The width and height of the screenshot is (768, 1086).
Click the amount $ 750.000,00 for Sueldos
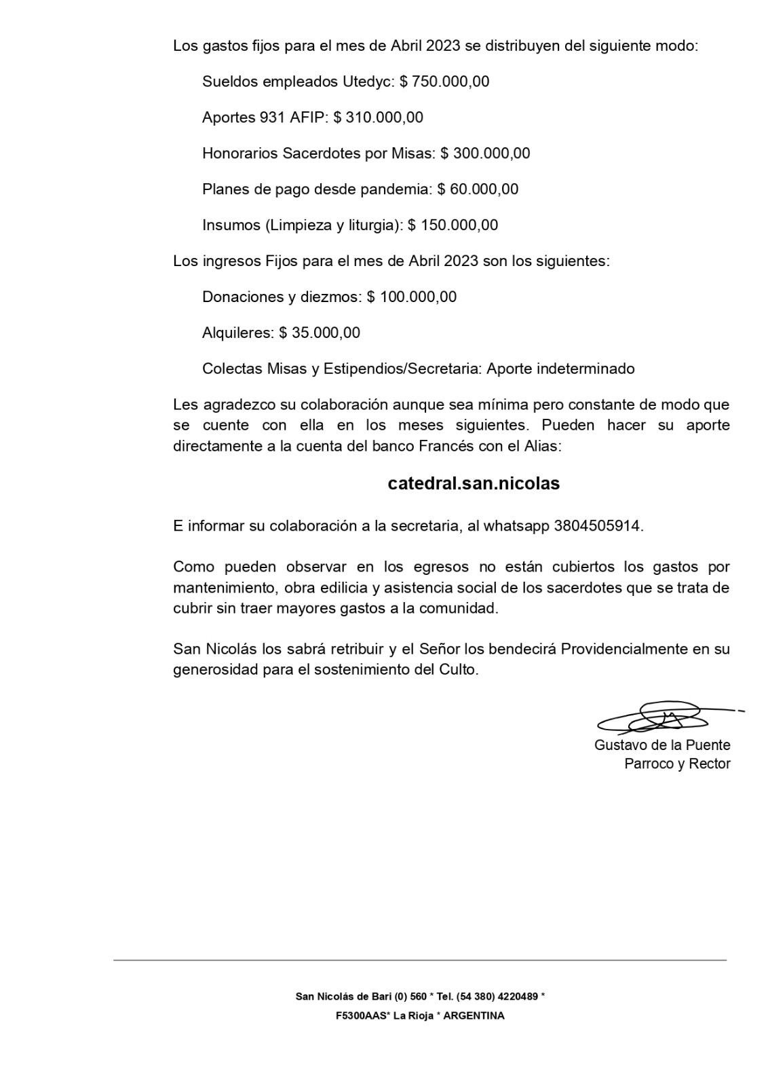(444, 82)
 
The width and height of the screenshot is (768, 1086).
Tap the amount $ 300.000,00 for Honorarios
(485, 154)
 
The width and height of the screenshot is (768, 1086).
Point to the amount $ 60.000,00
(478, 190)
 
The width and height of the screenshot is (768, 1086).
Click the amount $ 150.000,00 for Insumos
(453, 226)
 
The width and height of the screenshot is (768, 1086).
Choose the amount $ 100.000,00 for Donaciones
(412, 297)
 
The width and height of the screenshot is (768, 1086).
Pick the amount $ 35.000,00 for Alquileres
(320, 333)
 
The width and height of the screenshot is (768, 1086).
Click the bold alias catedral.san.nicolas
(474, 484)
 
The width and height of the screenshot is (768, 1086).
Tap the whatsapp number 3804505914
(597, 526)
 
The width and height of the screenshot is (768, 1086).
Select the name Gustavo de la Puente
(662, 745)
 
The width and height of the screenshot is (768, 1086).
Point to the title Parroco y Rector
(677, 764)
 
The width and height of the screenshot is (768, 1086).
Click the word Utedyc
(367, 82)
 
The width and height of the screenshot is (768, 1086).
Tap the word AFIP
(309, 118)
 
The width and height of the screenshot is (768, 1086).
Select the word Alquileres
(238, 333)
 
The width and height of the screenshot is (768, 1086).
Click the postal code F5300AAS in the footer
(360, 1017)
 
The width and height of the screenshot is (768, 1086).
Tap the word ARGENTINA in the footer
(474, 1017)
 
